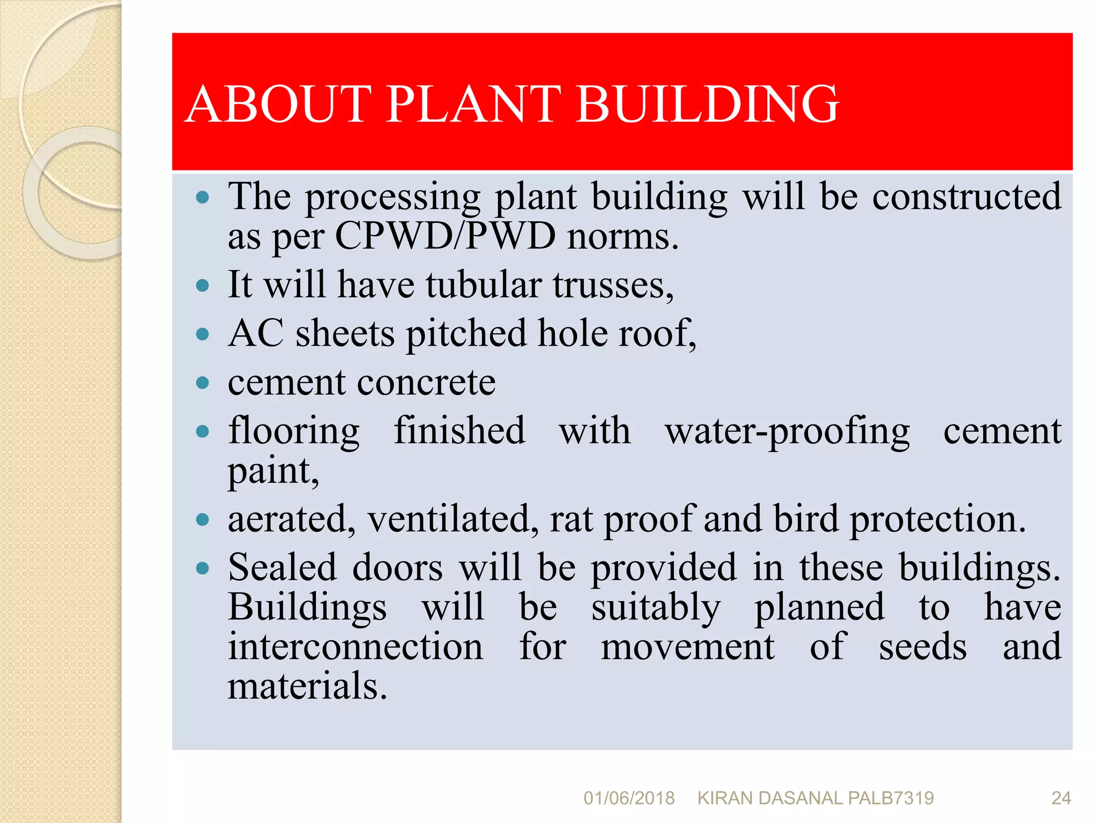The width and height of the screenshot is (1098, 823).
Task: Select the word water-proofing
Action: pyautogui.click(x=787, y=432)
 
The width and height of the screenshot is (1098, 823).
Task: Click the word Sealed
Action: pyautogui.click(x=282, y=568)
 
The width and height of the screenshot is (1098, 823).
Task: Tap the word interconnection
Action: pyautogui.click(x=355, y=647)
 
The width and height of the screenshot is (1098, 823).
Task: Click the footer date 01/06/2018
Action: pyautogui.click(x=628, y=798)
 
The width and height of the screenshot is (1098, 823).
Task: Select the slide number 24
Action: pyautogui.click(x=1060, y=798)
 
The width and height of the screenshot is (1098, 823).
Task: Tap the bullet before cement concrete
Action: pyautogui.click(x=202, y=383)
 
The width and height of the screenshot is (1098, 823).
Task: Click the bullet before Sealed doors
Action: pyautogui.click(x=202, y=568)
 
